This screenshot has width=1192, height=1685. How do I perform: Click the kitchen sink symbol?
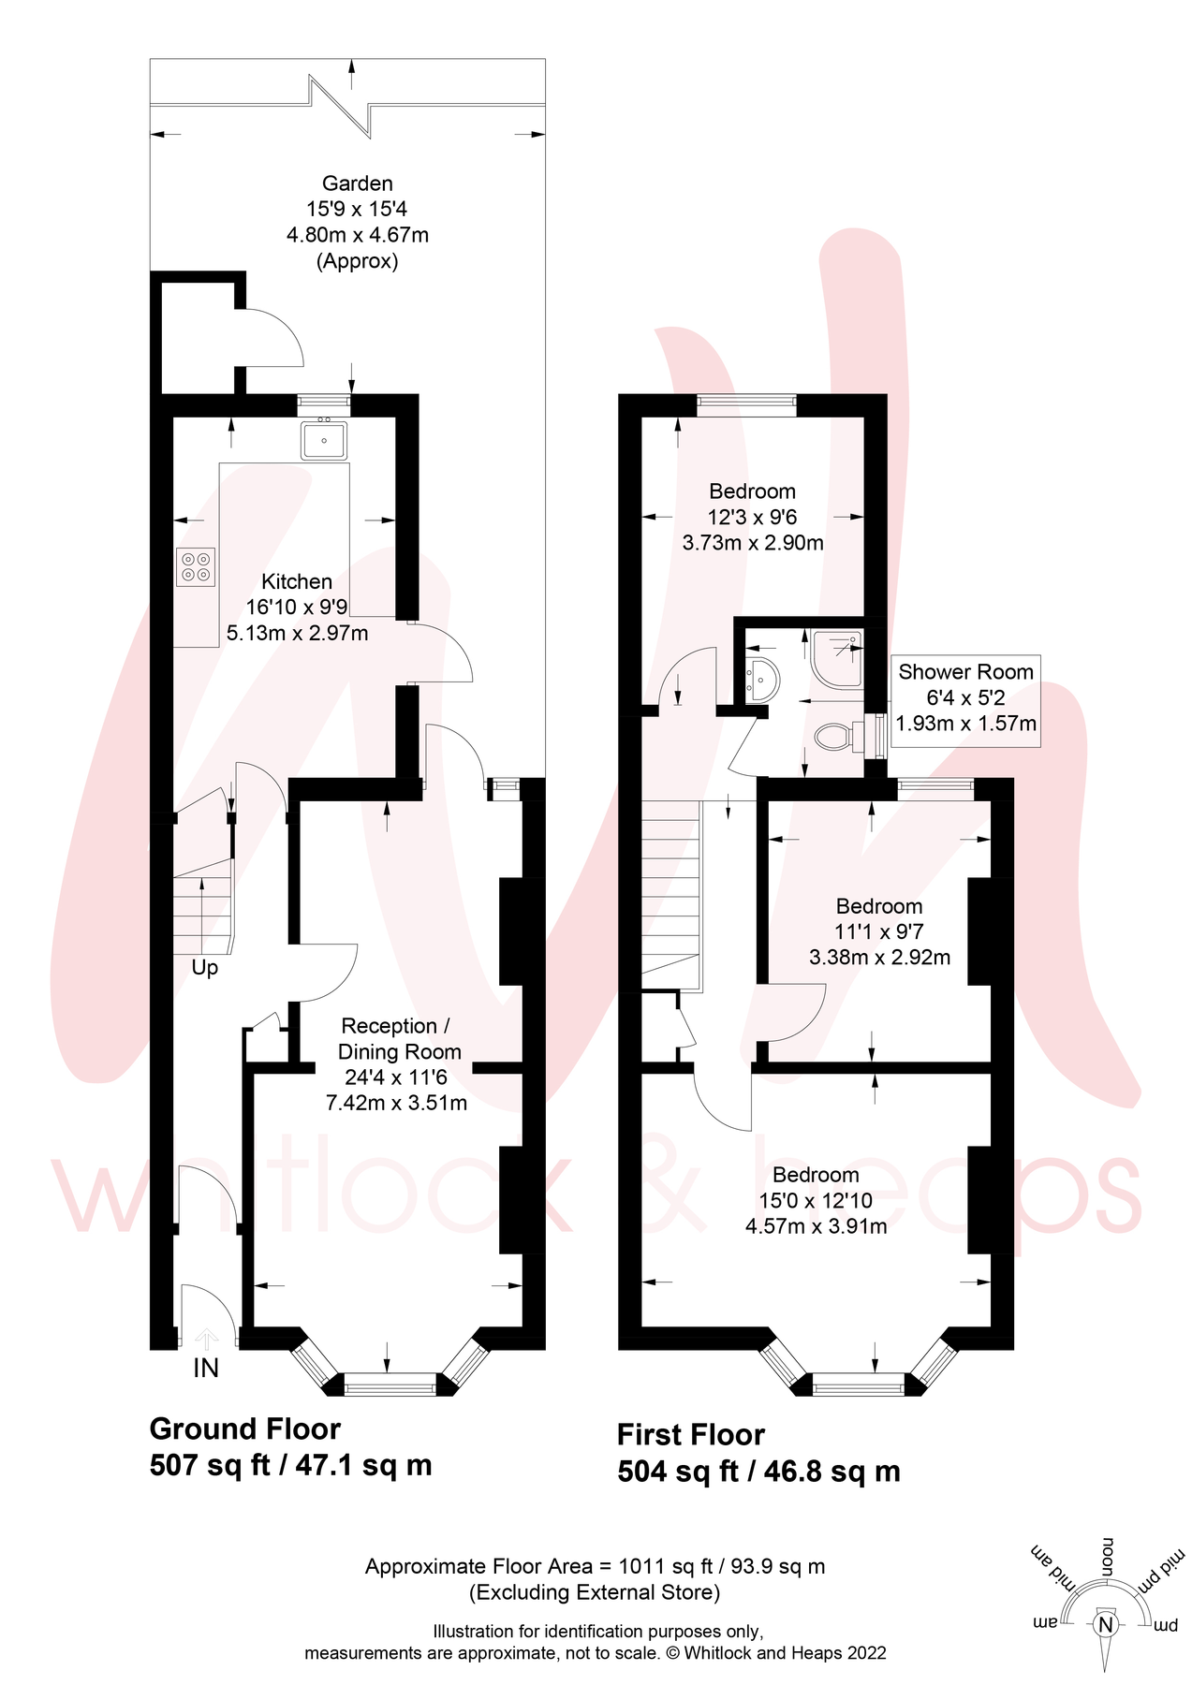pos(324,440)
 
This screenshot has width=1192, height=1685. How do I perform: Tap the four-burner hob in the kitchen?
pos(196,566)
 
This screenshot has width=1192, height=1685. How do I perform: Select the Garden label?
pos(358,183)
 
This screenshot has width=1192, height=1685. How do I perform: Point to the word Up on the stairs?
pos(204,967)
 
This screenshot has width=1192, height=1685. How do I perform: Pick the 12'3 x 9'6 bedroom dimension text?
pos(752,517)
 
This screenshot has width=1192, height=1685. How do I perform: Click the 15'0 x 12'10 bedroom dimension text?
pos(816,1200)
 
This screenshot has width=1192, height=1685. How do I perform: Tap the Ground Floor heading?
pos(244,1429)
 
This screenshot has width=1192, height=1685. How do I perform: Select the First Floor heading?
pos(690,1434)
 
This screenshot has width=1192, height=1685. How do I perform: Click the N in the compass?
pos(1106,1624)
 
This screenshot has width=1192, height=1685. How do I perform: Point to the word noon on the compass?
pos(1107,1557)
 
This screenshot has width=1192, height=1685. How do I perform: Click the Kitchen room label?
pos(297,581)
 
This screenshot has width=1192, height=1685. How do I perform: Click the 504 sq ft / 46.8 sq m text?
pos(758,1471)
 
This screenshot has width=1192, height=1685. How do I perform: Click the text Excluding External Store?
pos(595,1591)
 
